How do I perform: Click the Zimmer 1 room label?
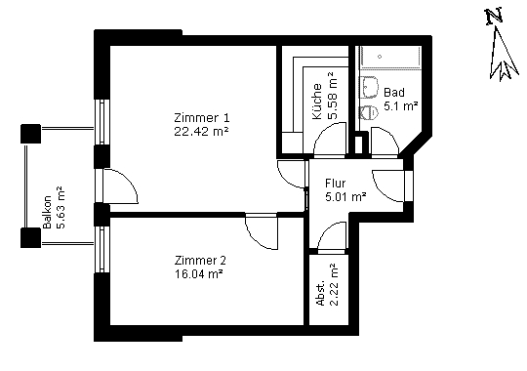202,118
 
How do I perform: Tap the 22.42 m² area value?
201,131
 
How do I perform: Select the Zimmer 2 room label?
200,260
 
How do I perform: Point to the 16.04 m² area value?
199,273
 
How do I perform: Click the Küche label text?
317,102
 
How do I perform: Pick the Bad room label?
394,92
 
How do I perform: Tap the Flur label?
335,184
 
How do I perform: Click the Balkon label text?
47,212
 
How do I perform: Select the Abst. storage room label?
321,293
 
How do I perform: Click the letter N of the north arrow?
494,18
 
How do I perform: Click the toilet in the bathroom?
368,112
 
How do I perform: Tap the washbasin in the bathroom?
369,88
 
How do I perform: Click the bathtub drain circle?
380,57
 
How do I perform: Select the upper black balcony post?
30,134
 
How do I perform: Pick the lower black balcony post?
30,238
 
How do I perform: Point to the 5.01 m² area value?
345,196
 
